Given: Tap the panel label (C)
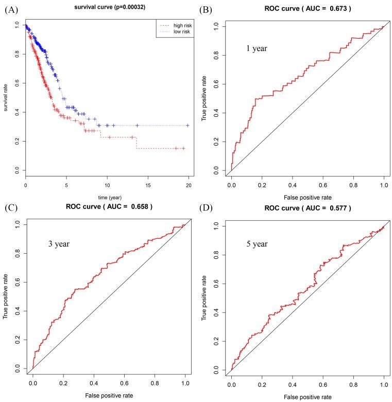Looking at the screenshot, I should [11, 208].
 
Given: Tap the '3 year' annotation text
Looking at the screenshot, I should [58, 243].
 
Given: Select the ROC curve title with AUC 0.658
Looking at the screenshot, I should [109, 206].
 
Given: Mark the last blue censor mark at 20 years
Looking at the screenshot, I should [188, 125].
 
